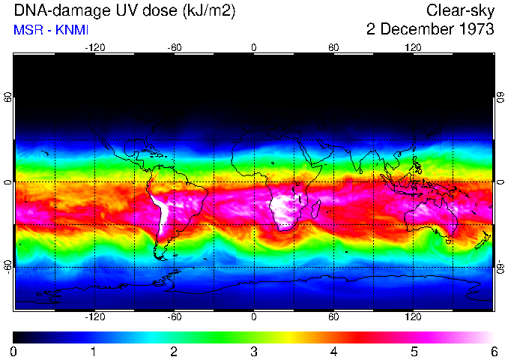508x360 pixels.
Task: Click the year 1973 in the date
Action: (x=474, y=30)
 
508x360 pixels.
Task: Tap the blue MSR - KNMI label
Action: (x=51, y=30)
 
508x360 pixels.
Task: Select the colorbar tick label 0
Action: (x=14, y=351)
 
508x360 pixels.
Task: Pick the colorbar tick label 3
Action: (x=254, y=351)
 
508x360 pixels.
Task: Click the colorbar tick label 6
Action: (x=493, y=351)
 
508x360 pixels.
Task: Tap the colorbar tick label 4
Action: (x=333, y=351)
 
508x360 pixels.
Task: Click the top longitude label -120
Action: (x=94, y=47)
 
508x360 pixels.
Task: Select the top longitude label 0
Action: (x=254, y=47)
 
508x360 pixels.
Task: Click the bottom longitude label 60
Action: (x=333, y=317)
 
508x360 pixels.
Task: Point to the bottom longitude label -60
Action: (x=174, y=317)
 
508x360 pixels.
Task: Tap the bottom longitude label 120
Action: (x=413, y=317)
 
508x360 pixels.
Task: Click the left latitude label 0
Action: (x=7, y=182)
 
